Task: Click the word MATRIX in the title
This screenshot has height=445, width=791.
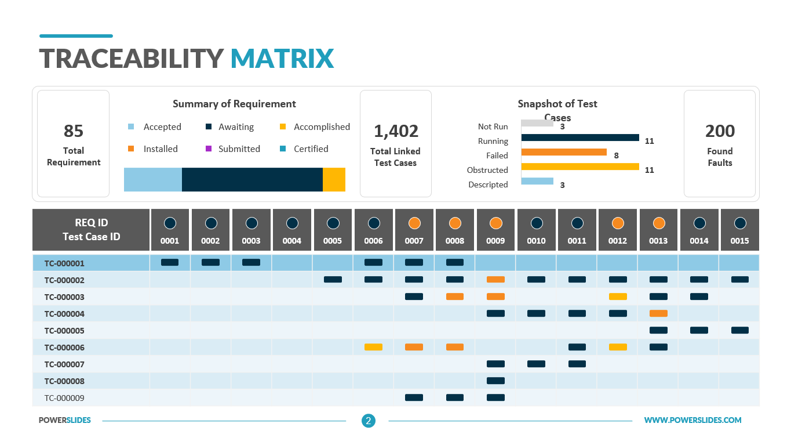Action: [x=282, y=59]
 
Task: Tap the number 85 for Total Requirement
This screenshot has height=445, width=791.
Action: [x=74, y=131]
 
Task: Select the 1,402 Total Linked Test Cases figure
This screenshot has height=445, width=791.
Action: [x=396, y=131]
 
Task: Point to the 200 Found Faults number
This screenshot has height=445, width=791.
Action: [x=720, y=131]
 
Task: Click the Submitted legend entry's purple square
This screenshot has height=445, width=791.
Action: [x=209, y=149]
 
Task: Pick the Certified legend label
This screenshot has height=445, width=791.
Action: [x=311, y=149]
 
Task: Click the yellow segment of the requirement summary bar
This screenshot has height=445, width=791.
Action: [x=334, y=179]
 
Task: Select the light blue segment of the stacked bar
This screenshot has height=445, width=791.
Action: [x=153, y=179]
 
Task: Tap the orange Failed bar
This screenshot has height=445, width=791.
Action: [x=564, y=152]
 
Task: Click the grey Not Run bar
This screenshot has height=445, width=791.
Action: [x=537, y=123]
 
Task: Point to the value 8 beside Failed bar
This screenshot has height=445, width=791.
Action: [x=616, y=155]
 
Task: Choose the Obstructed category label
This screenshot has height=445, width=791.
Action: [x=487, y=170]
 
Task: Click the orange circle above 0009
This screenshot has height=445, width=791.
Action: [x=496, y=223]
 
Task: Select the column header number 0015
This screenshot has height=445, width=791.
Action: [x=739, y=241]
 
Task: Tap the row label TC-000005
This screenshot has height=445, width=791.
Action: [x=64, y=331]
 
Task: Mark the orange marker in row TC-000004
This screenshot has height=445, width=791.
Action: [x=658, y=313]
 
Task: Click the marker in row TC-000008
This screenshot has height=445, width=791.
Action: [x=496, y=381]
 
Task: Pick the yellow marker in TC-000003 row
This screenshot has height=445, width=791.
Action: [x=618, y=296]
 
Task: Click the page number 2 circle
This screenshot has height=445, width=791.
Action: [x=369, y=421]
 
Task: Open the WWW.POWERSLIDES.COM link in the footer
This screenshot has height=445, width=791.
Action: [x=693, y=420]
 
